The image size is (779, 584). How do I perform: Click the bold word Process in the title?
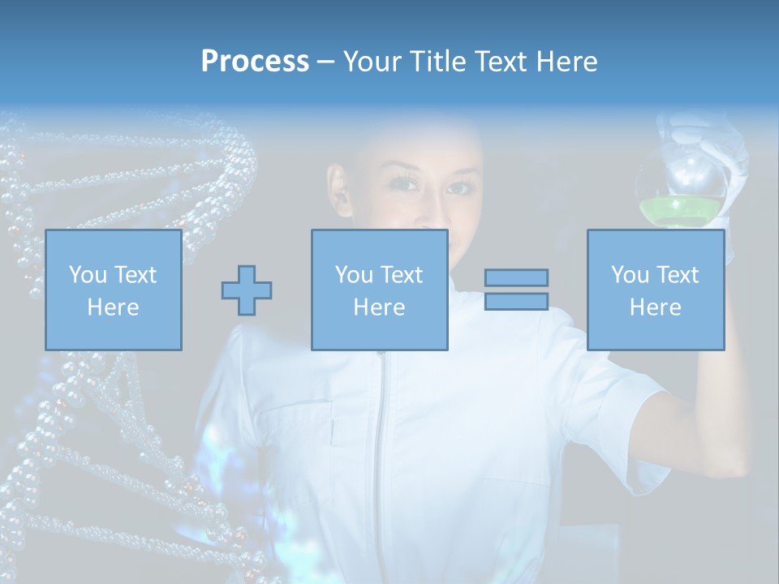pyautogui.click(x=255, y=62)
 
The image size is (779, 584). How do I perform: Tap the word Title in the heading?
pyautogui.click(x=437, y=62)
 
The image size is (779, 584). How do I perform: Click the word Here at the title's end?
pyautogui.click(x=566, y=62)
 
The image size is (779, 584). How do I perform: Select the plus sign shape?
pyautogui.click(x=247, y=290)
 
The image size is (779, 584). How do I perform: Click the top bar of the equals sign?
pyautogui.click(x=516, y=277)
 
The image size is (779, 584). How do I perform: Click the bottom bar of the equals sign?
pyautogui.click(x=516, y=301)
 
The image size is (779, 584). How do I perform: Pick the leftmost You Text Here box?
pyautogui.click(x=113, y=290)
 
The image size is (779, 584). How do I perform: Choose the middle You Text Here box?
pyautogui.click(x=379, y=290)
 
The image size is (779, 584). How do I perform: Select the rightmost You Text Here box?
pyautogui.click(x=655, y=290)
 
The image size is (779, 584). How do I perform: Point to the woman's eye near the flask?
pyautogui.click(x=458, y=188)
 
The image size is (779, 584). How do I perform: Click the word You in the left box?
pyautogui.click(x=87, y=275)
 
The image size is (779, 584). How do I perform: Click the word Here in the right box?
pyautogui.click(x=655, y=307)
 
